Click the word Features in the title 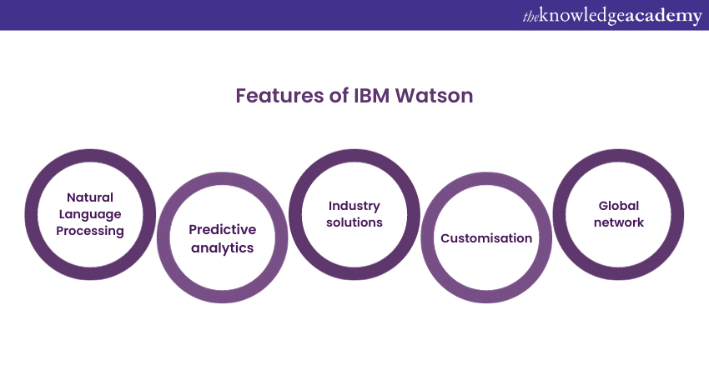coord(274,96)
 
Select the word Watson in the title coord(433,96)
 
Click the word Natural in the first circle coord(90,197)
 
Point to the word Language coord(90,213)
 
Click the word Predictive coord(222,229)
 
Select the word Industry coord(354,206)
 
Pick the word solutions coord(354,222)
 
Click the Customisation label coord(486,238)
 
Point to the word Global coord(618,206)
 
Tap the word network coord(618,222)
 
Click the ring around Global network coord(618,156)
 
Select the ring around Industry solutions coord(354,156)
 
